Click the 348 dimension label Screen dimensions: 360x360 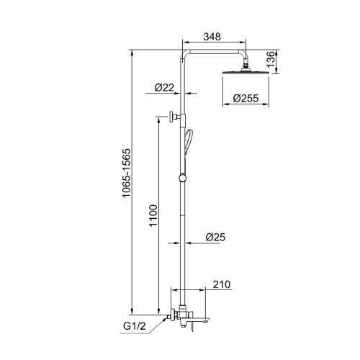pos(212,37)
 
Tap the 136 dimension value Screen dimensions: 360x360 pos(271,59)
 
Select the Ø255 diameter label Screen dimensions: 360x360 pos(246,98)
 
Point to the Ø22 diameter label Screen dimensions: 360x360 pos(164,87)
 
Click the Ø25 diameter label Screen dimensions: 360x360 pos(215,237)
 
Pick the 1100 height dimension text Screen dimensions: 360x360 pos(153,215)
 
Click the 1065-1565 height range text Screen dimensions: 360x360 pos(127,173)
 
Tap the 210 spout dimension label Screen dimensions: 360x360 pos(222,284)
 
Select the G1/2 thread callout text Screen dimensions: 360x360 pos(135,326)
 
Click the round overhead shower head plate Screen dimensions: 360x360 pos(246,73)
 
